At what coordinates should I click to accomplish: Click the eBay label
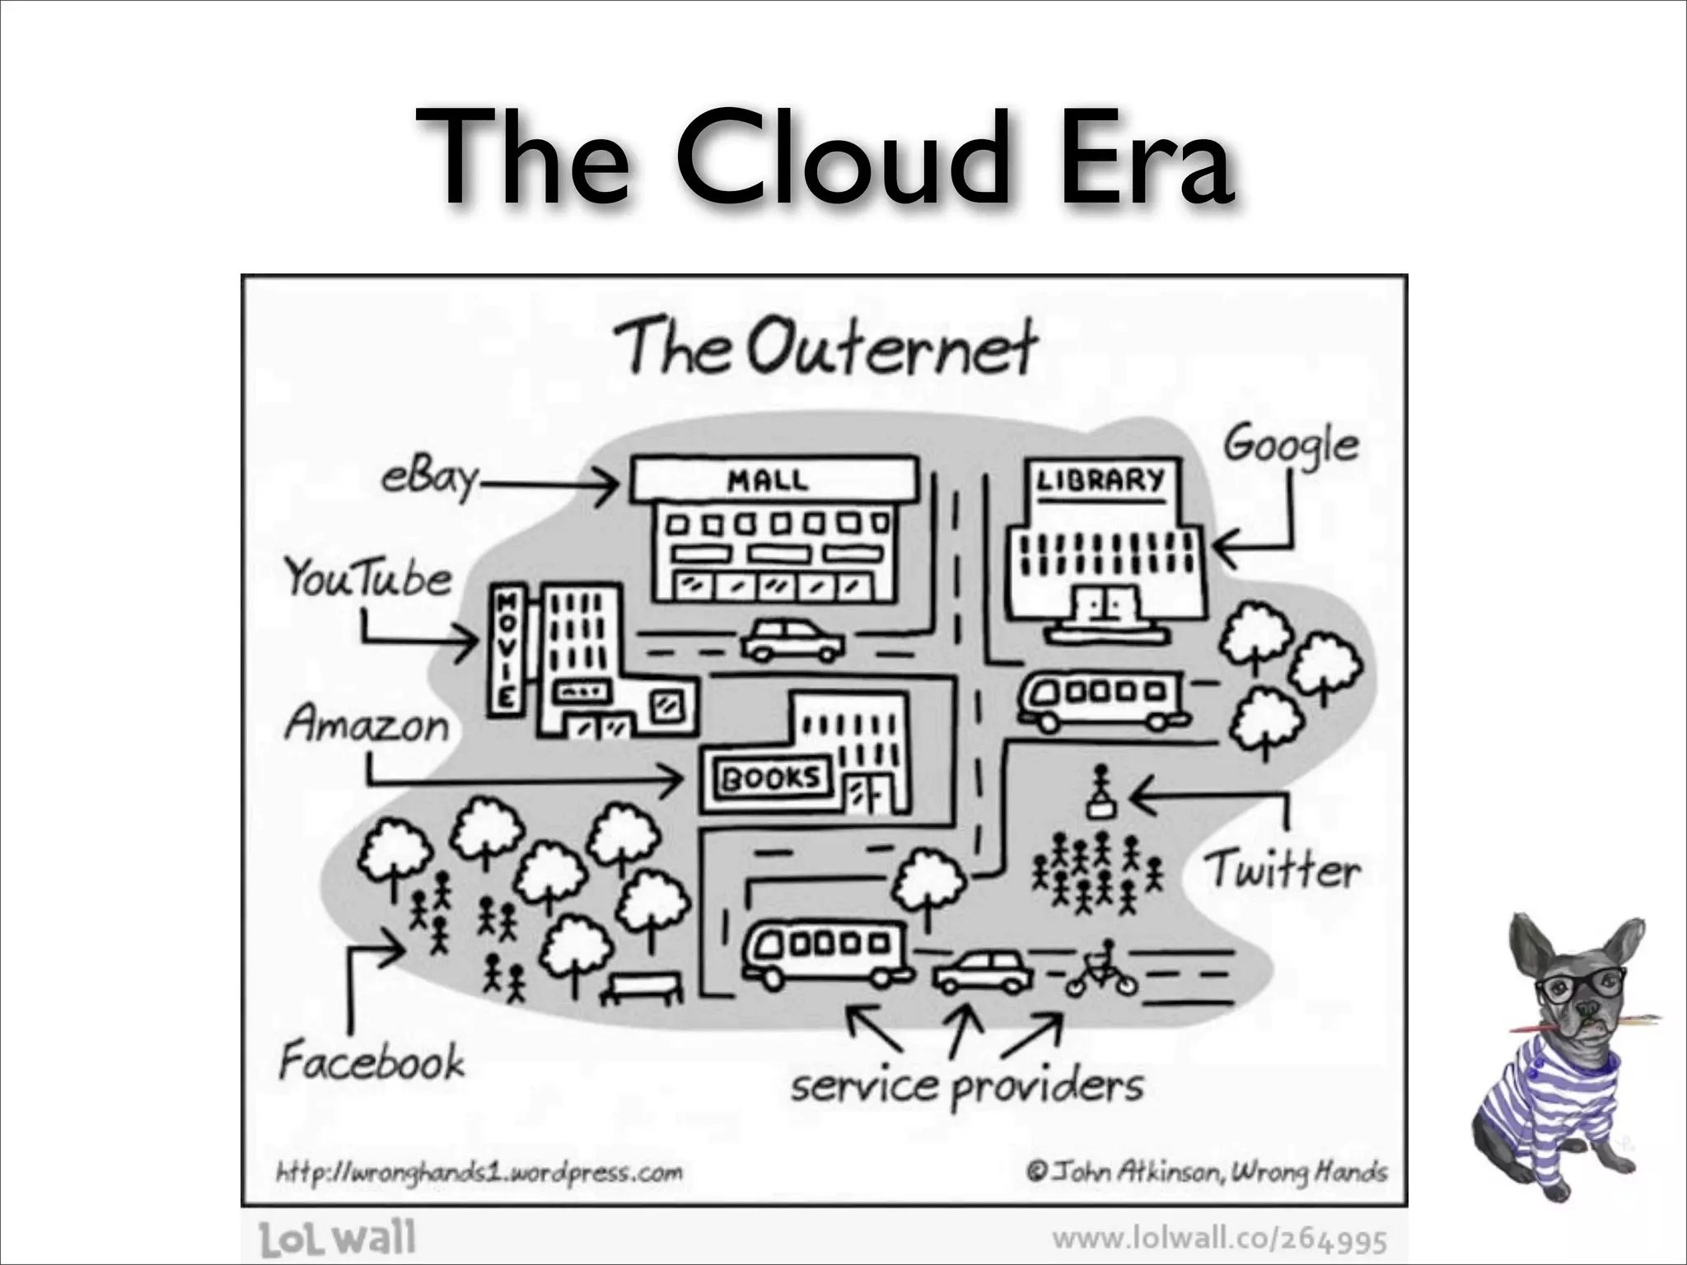pos(429,477)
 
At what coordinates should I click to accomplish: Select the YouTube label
pos(368,577)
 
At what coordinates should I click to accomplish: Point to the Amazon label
pos(367,725)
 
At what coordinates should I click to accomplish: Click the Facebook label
pos(372,1061)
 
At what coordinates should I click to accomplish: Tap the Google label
pos(1290,445)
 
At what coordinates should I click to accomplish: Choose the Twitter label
pos(1282,870)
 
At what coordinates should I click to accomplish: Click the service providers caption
pos(967,1086)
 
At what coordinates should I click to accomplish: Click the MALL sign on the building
pos(767,479)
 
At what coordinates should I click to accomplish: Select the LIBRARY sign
pos(1101,479)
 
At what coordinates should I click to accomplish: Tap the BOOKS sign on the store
pos(770,777)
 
